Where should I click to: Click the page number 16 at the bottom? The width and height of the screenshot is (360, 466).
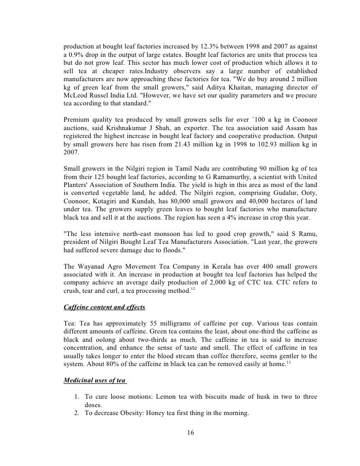pos(190,434)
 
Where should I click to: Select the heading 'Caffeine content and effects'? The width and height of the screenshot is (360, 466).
pos(105,307)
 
